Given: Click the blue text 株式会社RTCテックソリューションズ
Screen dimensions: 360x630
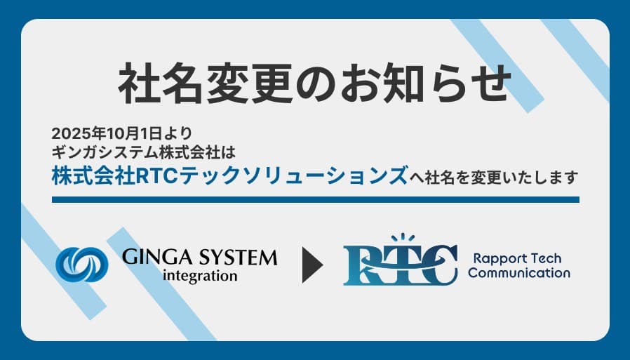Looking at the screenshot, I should pyautogui.click(x=229, y=175).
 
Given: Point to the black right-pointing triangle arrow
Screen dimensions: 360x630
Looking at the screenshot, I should pyautogui.click(x=311, y=264).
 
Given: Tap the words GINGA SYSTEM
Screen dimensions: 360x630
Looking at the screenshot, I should pyautogui.click(x=199, y=257).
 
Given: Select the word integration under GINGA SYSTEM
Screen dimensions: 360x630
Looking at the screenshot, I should pyautogui.click(x=199, y=275).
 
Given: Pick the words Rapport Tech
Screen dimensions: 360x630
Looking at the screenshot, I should pyautogui.click(x=518, y=258).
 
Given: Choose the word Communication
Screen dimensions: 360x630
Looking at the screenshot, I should pyautogui.click(x=518, y=273).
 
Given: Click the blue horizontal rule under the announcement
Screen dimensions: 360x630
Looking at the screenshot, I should pyautogui.click(x=315, y=199).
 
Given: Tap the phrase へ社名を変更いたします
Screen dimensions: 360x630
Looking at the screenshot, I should pyautogui.click(x=494, y=177).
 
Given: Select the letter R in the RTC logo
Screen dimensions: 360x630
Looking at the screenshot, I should pyautogui.click(x=363, y=265).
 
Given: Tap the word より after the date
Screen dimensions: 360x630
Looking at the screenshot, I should pyautogui.click(x=179, y=133).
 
